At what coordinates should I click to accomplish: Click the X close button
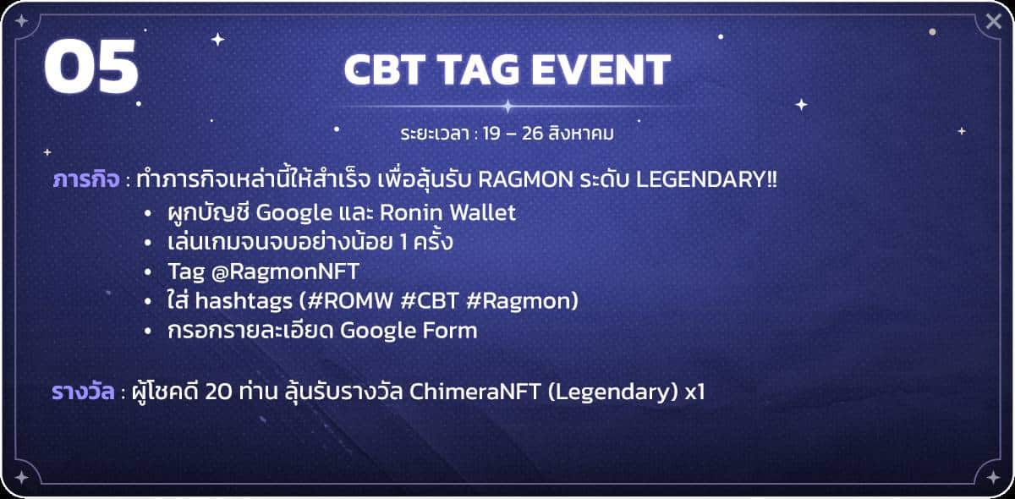point(993,21)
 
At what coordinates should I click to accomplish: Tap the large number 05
point(91,66)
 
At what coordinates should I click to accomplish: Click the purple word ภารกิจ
point(86,180)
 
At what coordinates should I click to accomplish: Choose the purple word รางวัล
point(83,392)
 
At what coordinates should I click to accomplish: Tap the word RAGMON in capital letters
point(525,180)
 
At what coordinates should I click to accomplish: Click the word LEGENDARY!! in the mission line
point(706,180)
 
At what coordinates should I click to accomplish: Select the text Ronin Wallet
point(447,212)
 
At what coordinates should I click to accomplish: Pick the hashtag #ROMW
point(350,301)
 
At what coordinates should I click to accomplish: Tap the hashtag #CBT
point(430,301)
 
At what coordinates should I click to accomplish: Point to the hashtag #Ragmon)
point(523,301)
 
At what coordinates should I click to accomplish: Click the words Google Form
point(409,331)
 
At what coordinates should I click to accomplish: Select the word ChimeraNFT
point(475,392)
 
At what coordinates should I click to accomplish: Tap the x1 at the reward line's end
point(695,392)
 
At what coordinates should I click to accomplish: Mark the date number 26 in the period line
point(532,134)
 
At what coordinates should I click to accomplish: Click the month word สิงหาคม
point(581,134)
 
